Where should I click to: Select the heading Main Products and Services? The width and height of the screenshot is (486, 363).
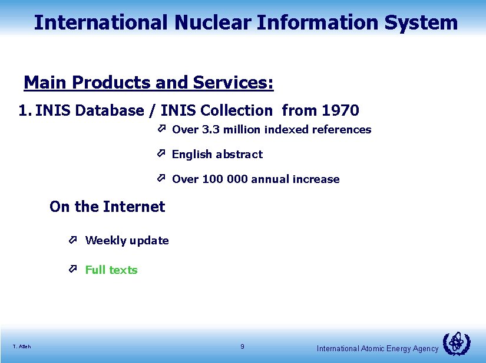[148, 83]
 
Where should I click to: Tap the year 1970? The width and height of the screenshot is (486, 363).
[340, 110]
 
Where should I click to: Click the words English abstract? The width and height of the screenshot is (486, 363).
[217, 154]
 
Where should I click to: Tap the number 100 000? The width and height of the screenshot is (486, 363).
[225, 179]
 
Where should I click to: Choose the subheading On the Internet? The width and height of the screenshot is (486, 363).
[107, 207]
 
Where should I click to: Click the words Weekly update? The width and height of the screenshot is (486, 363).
[127, 240]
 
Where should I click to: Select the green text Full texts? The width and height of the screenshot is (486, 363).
[111, 270]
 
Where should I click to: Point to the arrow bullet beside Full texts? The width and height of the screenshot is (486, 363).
[73, 269]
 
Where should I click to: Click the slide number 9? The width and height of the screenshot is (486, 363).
[243, 346]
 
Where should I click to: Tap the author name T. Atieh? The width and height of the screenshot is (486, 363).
[22, 346]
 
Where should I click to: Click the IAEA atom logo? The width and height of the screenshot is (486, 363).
[456, 343]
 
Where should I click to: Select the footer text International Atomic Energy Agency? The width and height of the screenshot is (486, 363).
[377, 349]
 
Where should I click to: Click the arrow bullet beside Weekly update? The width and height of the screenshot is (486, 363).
[73, 240]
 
